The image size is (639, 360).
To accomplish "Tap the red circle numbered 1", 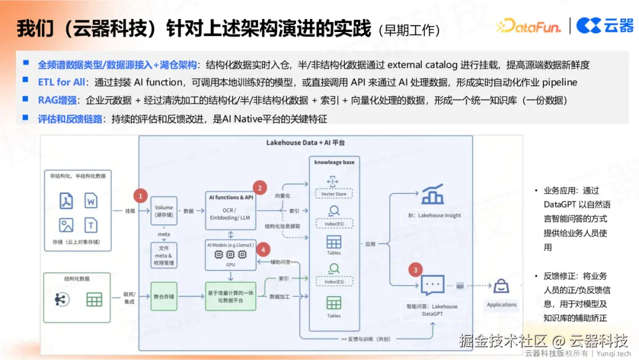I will pos(140,195).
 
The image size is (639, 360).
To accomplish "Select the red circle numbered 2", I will pos(260,188).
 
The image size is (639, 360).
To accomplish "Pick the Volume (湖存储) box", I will pos(164,211).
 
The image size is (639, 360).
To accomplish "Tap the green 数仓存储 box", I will pos(164,297).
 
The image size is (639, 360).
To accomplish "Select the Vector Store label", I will pos(334,194).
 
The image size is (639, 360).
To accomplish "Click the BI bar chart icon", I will pos(433,195).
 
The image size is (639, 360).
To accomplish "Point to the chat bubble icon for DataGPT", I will pos(432,286).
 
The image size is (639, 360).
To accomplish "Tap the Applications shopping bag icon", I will pos(502,287).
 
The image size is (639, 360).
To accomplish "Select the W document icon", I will pos(91,201).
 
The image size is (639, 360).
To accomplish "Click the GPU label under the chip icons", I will pos(231,265).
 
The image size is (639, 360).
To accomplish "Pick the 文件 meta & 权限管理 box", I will pos(164,255).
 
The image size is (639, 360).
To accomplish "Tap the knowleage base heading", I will pos(334,162).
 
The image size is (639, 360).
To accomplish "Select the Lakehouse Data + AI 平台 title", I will pos(305,143).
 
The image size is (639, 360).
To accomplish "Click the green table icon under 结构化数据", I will pos(94,300).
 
